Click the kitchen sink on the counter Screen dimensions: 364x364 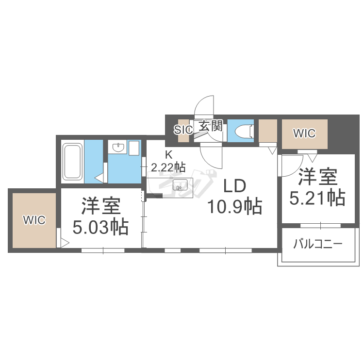click(x=181, y=185)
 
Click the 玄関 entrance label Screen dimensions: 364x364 click(x=211, y=127)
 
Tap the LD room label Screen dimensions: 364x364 click(x=235, y=186)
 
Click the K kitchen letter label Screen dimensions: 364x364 click(x=168, y=155)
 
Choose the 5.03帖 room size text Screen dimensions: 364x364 click(x=100, y=226)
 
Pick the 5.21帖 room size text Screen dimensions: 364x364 click(x=317, y=198)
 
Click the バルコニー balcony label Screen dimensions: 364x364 click(x=318, y=244)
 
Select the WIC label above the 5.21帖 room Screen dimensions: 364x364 click(x=305, y=133)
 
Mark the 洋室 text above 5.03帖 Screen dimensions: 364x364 click(x=100, y=207)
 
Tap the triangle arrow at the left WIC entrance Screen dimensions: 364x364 click(x=64, y=241)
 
